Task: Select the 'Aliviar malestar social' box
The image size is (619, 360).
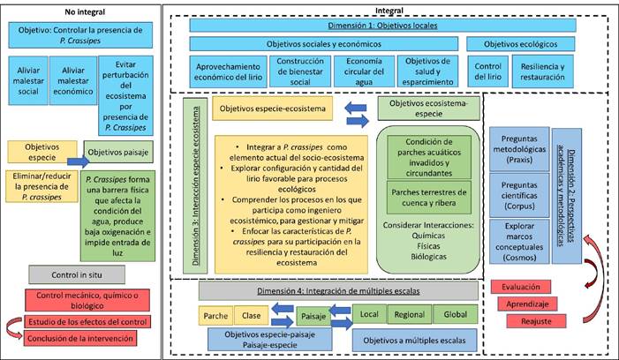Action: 26,77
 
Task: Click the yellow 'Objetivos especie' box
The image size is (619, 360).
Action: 40,152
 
